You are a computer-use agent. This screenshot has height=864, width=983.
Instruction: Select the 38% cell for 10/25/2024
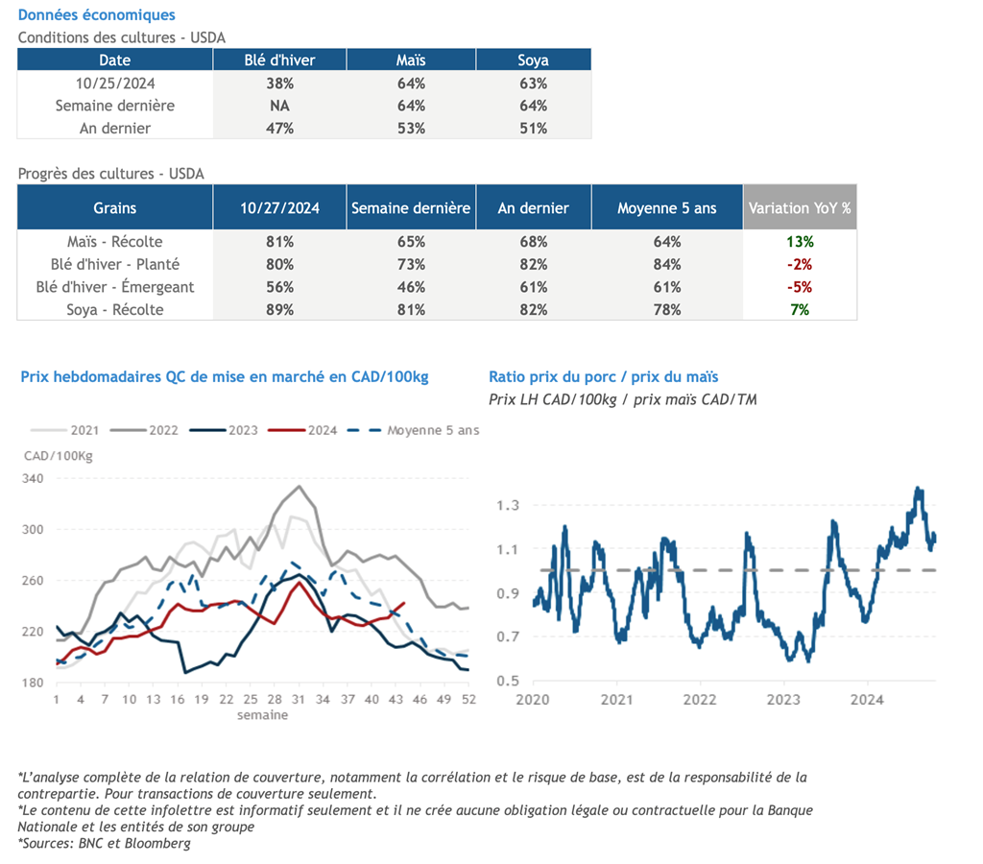click(279, 83)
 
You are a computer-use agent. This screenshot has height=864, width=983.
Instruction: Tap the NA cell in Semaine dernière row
click(279, 106)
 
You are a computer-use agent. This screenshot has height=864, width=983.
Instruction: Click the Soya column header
click(533, 60)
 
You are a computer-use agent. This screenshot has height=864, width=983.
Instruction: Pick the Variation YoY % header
click(800, 207)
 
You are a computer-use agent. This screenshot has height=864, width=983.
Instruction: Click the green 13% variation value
click(800, 241)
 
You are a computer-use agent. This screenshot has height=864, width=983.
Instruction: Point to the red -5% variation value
click(800, 286)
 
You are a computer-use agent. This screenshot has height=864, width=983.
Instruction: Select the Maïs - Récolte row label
click(114, 241)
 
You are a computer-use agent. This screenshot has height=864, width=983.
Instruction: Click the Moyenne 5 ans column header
click(667, 207)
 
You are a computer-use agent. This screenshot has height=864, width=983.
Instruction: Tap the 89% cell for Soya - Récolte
click(279, 309)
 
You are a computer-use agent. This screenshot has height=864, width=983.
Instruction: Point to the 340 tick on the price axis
click(33, 478)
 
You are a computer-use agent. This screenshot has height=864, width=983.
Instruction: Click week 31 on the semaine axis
click(299, 700)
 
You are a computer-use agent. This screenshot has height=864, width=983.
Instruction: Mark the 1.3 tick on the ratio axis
click(508, 505)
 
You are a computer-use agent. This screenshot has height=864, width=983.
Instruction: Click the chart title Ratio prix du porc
click(603, 377)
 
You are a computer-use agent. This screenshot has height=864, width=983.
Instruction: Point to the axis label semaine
click(262, 714)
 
